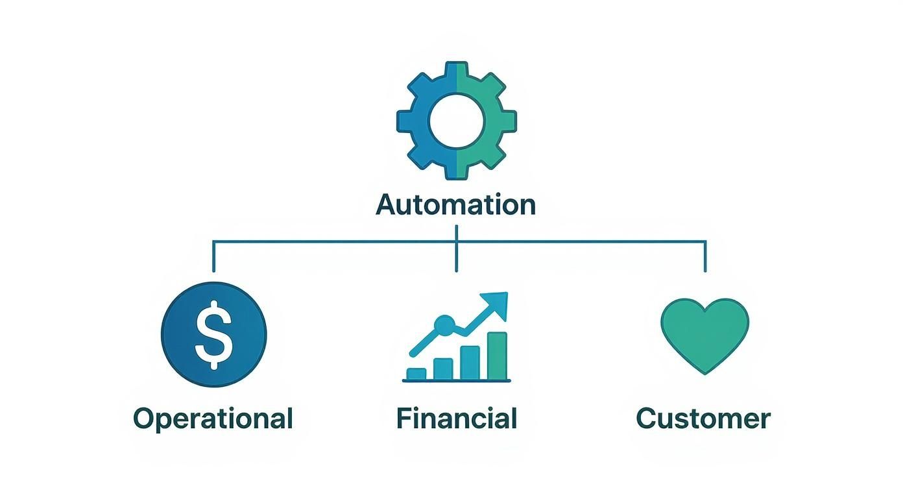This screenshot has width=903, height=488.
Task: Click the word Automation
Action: tap(456, 205)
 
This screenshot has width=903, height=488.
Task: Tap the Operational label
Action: tap(213, 419)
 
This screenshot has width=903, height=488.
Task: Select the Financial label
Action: tap(456, 419)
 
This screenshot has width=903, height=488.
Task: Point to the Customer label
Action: tap(703, 419)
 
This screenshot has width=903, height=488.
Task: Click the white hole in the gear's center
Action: tap(457, 120)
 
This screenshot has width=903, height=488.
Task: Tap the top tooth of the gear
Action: tap(457, 70)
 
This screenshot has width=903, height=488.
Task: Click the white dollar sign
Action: tap(213, 335)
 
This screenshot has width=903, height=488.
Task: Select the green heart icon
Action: tap(704, 332)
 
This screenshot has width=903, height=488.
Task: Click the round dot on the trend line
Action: tap(445, 324)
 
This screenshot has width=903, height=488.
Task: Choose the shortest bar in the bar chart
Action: tap(416, 373)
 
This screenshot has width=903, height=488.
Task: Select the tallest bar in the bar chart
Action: tap(496, 355)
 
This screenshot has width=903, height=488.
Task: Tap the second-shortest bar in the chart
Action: tap(443, 368)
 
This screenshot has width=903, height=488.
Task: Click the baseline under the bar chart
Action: tap(456, 381)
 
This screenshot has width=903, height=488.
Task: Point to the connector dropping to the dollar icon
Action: tap(213, 256)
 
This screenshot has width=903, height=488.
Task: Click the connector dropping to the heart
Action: tap(705, 256)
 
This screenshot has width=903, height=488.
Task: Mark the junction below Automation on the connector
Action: tap(457, 242)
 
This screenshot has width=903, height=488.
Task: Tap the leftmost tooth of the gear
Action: tap(405, 120)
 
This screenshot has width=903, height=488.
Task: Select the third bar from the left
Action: tap(470, 362)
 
